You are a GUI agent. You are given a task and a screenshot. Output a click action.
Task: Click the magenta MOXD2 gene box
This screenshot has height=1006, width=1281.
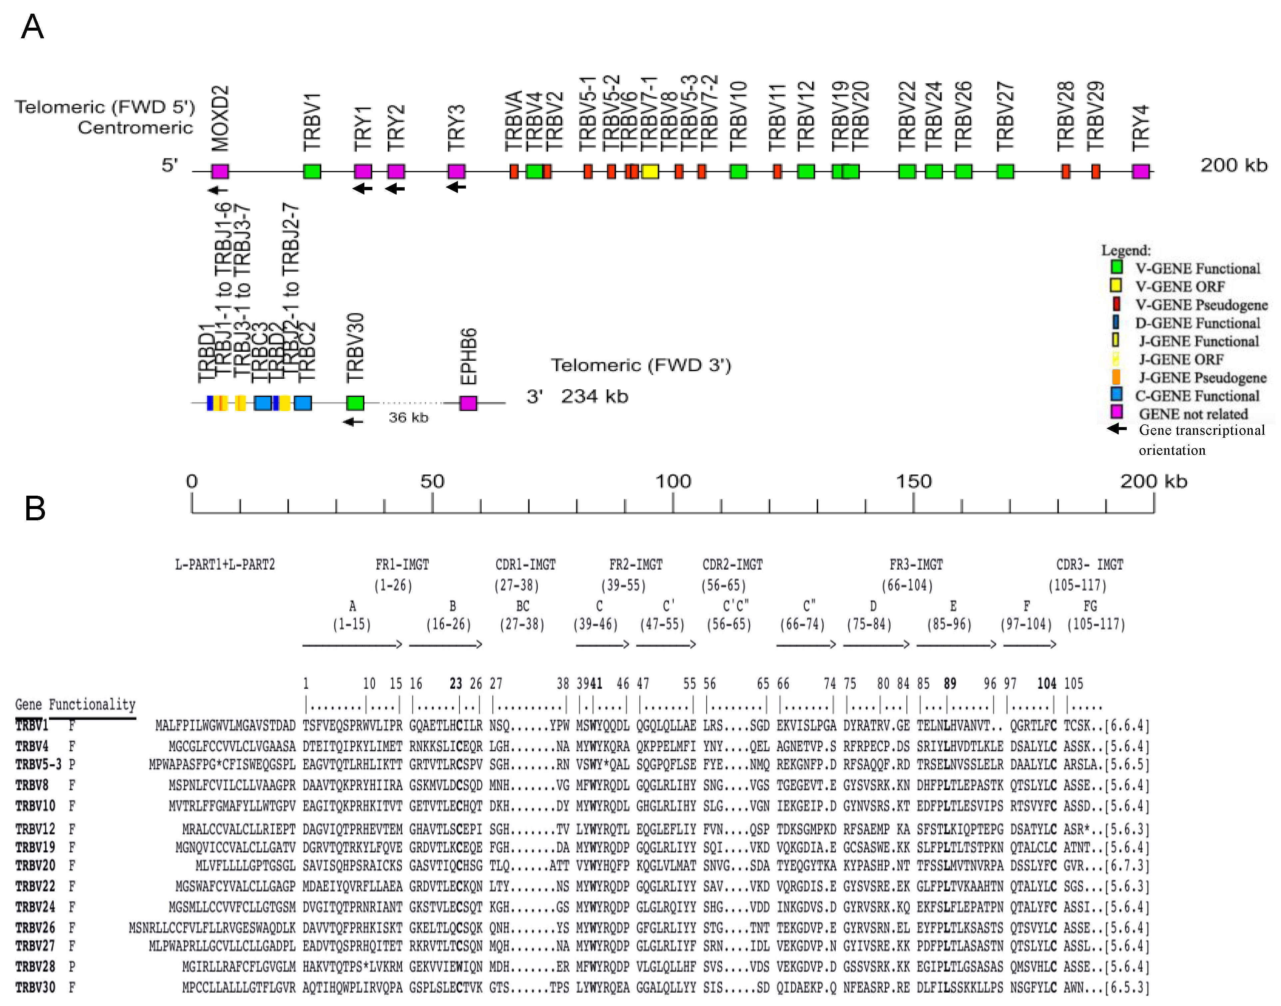220,172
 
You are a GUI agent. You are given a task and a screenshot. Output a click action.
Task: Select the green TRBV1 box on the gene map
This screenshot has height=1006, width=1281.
312,172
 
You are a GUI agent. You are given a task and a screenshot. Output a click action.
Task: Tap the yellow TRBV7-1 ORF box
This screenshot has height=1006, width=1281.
650,172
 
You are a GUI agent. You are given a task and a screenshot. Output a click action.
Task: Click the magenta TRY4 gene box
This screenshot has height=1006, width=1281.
1141,172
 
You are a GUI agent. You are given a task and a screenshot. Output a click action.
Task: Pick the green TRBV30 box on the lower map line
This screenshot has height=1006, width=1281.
355,403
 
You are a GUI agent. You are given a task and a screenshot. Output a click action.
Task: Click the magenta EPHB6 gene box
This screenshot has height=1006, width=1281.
468,403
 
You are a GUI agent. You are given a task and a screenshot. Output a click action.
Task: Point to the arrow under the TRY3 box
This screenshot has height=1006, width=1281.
456,187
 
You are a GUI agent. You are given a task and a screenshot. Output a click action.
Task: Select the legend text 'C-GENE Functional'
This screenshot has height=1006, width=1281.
1197,396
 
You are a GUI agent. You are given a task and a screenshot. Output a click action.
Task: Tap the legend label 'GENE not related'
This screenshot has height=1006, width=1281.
1193,414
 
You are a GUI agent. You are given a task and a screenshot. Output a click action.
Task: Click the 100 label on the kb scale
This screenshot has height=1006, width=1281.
673,481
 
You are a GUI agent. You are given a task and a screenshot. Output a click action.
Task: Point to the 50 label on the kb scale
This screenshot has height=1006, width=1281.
432,481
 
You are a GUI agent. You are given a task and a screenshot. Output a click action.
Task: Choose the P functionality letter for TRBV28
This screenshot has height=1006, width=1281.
72,967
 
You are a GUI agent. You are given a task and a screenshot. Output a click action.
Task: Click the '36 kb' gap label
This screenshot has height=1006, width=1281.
408,418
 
